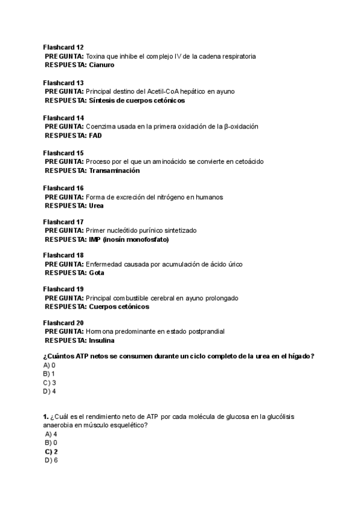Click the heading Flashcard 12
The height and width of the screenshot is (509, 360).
click(x=64, y=47)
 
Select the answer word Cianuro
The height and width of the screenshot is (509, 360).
click(x=101, y=65)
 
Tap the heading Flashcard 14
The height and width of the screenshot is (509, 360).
click(x=64, y=118)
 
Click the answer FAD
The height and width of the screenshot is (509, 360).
click(x=95, y=136)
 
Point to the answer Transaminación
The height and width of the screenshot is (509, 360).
click(x=114, y=170)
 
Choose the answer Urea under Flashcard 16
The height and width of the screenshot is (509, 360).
click(x=96, y=205)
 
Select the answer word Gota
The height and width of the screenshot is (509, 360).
click(x=96, y=273)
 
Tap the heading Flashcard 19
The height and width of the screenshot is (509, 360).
click(x=64, y=289)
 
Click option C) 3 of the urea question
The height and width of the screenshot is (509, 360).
click(x=50, y=382)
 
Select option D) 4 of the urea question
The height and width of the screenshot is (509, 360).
click(x=50, y=391)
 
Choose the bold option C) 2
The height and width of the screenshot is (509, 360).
click(x=51, y=451)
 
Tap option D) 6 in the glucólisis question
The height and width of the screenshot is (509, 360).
click(x=51, y=460)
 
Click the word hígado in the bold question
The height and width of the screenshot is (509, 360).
click(x=299, y=356)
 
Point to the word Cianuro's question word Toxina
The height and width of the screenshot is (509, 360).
click(x=96, y=56)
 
